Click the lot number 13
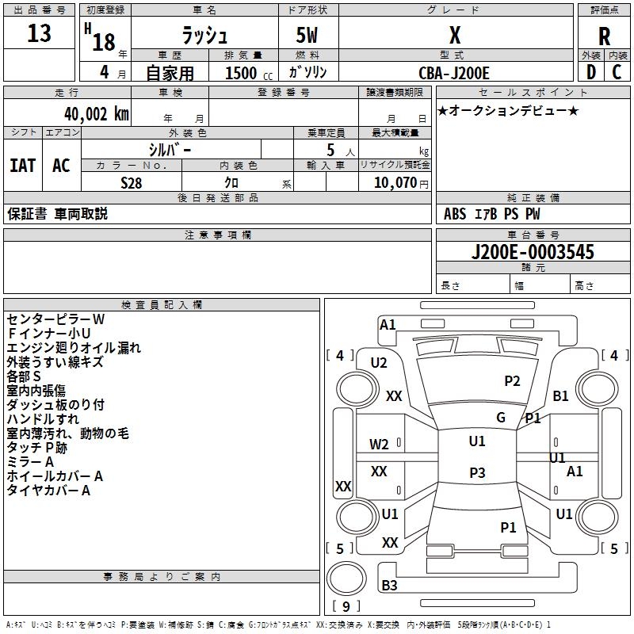pos(39,33)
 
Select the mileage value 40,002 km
pos(97,114)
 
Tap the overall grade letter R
pos(604,36)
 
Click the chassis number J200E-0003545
pos(533,252)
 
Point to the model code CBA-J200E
pos(453,73)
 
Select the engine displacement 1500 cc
pos(249,73)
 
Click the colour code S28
pos(132,183)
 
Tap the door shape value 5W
pos(307,35)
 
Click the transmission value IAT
pos(23,166)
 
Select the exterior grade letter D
pos(591,72)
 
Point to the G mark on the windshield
pos(501,418)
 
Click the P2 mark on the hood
pos(512,381)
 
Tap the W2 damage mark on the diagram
pos(379,445)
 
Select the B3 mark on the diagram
pos(389,585)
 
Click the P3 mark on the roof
pos(477,472)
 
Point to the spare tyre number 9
pos(346,606)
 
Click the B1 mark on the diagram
pos(560,395)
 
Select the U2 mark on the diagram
pos(379,363)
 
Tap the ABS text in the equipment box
pos(455,214)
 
